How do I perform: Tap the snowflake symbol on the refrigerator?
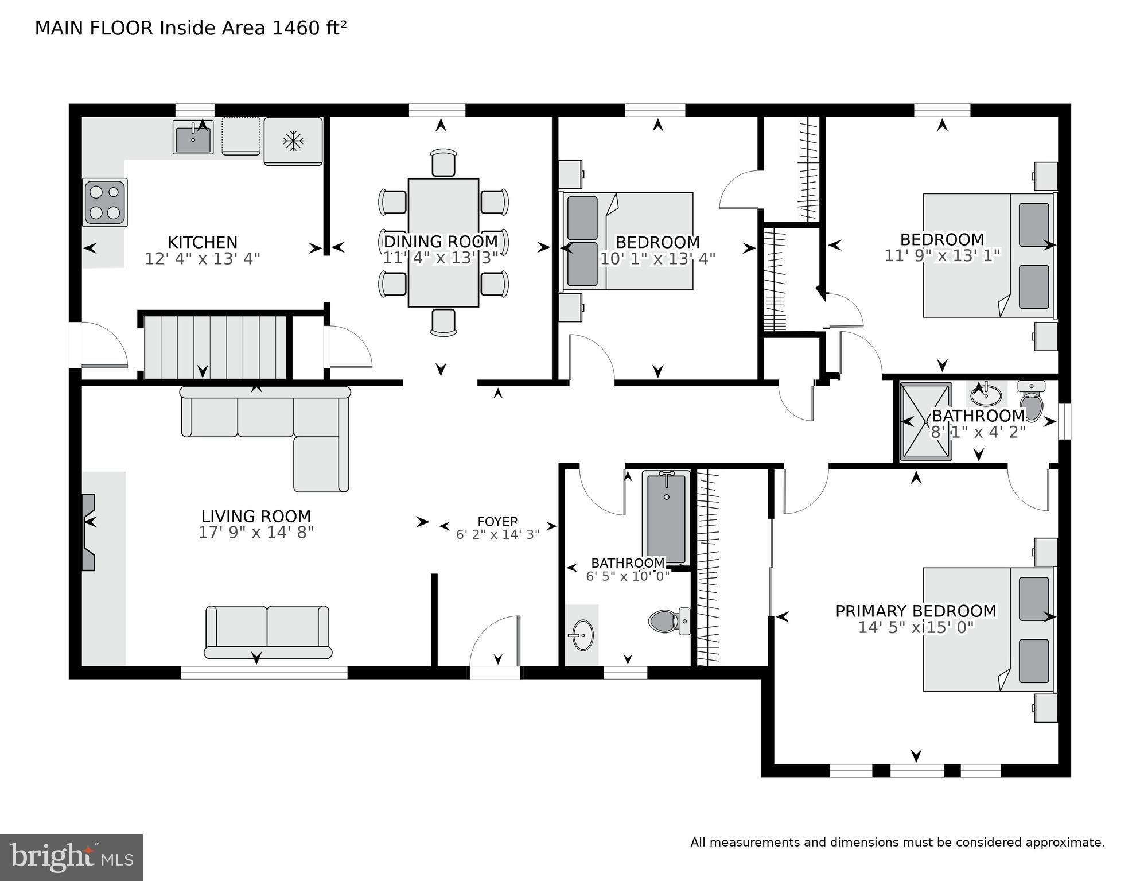[293, 141]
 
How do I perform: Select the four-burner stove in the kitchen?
[105, 203]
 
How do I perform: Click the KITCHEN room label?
[202, 242]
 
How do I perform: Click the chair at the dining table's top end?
[443, 163]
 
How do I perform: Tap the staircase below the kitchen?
[215, 347]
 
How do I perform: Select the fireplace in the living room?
[88, 532]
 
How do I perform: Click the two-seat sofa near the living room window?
[267, 631]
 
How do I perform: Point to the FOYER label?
[497, 522]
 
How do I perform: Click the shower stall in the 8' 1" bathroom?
[925, 422]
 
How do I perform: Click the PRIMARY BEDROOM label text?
[916, 611]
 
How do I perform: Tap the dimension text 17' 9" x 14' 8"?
[256, 533]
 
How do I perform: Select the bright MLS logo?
[71, 857]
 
